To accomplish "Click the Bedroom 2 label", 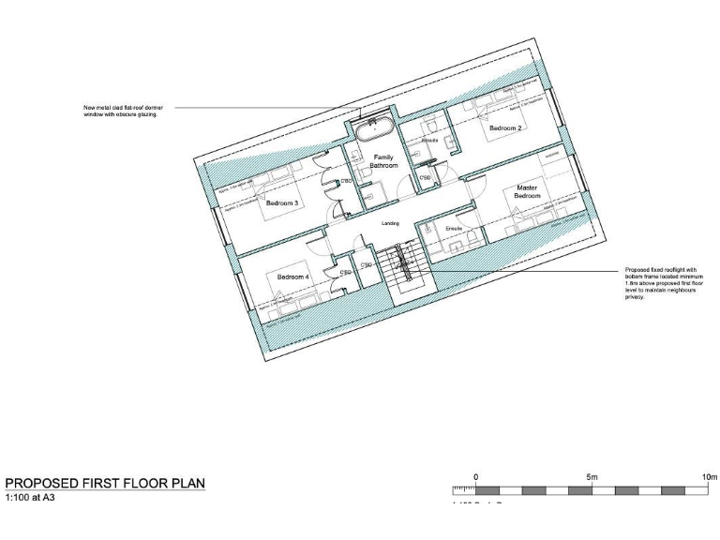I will click(505, 127).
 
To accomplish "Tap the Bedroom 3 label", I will click(281, 202).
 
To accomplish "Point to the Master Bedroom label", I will click(528, 191).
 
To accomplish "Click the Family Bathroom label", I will click(383, 160).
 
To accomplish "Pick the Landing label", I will click(392, 224).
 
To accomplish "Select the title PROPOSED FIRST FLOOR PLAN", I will click(105, 483).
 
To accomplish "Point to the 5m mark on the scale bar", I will click(592, 477).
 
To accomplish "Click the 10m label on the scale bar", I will click(709, 477).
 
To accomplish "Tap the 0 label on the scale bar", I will click(475, 477).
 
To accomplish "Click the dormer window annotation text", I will click(120, 111).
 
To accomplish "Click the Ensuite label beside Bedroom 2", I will click(430, 141).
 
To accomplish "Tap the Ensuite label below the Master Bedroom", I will click(455, 229).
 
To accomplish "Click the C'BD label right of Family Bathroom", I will click(425, 177).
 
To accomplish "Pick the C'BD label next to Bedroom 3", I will click(346, 181).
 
